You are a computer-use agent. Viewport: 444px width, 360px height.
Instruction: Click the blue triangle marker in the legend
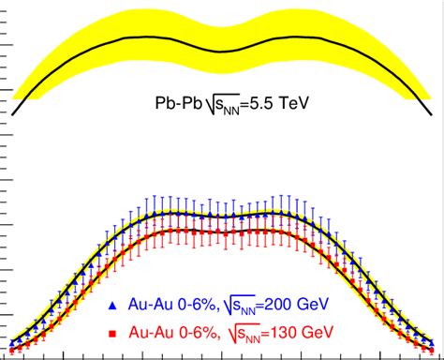(x=112, y=305)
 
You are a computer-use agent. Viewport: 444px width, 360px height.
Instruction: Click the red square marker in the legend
(x=112, y=333)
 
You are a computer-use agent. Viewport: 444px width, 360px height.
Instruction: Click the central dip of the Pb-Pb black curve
(x=220, y=51)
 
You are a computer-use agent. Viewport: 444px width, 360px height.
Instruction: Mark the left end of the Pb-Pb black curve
(x=14, y=97)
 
